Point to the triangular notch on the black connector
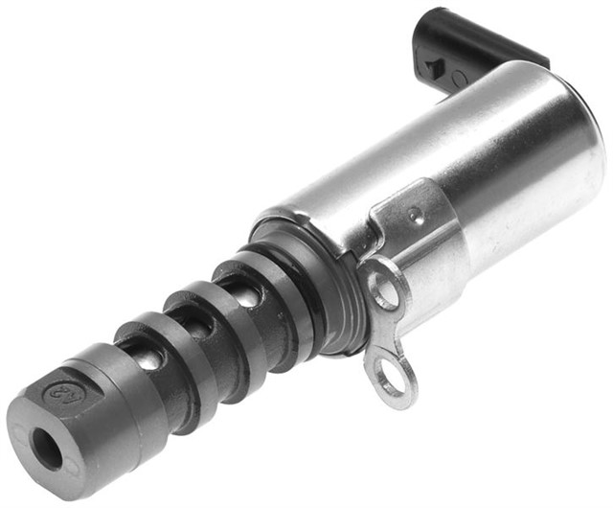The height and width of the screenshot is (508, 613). [x=433, y=67]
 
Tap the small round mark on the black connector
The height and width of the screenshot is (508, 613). [x=457, y=77]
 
